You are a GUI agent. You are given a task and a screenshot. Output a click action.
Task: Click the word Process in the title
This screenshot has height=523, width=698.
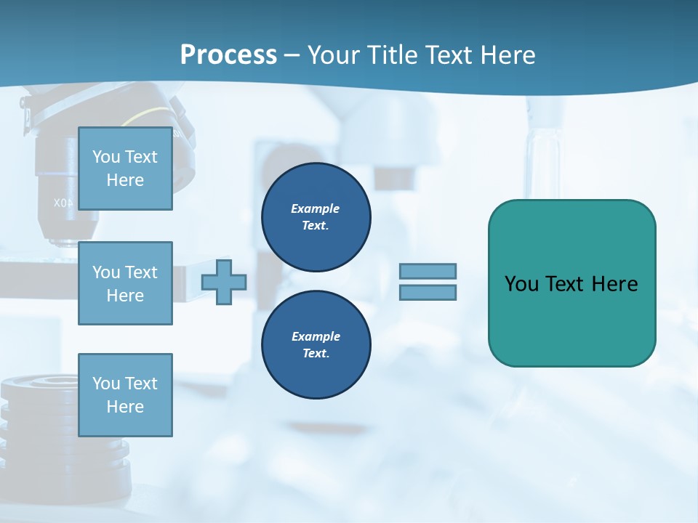coord(228,55)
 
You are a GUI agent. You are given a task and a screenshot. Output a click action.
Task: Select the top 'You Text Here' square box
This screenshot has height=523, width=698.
coord(125,169)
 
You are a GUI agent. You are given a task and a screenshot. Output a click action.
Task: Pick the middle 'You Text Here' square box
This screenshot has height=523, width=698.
coord(125,283)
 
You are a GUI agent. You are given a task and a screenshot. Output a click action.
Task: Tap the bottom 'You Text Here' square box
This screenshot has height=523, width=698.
coord(125,395)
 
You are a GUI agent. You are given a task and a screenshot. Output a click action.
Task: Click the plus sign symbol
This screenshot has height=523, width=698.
coord(224,282)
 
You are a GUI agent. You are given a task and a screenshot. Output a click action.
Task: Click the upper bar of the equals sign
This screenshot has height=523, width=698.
coord(428,271)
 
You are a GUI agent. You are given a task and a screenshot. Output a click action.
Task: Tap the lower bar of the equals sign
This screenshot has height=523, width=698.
coord(428,292)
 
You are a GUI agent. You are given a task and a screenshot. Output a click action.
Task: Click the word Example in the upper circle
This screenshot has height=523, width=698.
coord(316,208)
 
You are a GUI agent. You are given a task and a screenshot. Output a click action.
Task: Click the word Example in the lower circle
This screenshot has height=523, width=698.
coord(316,336)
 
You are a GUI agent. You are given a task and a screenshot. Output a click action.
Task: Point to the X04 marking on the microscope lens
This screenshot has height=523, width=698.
coord(63,203)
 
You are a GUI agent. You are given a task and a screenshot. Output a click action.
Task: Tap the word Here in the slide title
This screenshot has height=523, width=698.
coord(508,55)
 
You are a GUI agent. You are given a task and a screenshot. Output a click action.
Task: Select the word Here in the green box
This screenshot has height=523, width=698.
coord(615,284)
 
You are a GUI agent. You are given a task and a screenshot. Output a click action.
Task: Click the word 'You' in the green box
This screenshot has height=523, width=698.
coord(522,284)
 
